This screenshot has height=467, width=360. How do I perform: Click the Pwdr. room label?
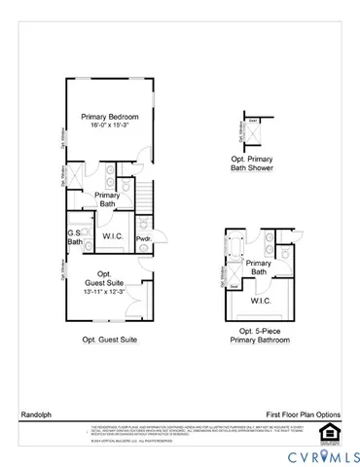[x=142, y=238]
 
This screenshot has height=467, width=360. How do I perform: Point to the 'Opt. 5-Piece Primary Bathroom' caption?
[x=258, y=336]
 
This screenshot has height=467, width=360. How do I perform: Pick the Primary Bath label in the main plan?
[x=108, y=199]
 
